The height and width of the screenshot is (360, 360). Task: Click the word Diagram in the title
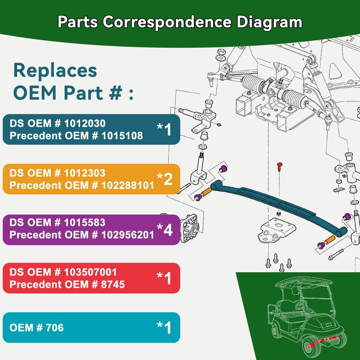269,22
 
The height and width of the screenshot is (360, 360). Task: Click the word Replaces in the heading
55,71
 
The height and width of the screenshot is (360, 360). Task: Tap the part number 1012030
85,123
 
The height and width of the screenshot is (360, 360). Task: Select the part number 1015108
122,136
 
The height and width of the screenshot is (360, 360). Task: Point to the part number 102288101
128,185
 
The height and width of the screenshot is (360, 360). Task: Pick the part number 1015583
85,223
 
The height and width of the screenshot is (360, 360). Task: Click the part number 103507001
90,272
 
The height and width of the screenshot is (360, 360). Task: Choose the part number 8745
113,285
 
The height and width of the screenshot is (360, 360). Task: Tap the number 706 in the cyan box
54,328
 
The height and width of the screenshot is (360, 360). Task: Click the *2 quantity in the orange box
165,179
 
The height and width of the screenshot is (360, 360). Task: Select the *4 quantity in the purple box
165,229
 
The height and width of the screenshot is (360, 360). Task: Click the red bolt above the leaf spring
279,166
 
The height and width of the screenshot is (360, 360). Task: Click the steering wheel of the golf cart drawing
300,305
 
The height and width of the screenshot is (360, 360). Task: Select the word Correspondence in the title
167,22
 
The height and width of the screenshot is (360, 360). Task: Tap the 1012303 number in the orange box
85,173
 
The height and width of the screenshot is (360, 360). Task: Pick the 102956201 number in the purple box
128,235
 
